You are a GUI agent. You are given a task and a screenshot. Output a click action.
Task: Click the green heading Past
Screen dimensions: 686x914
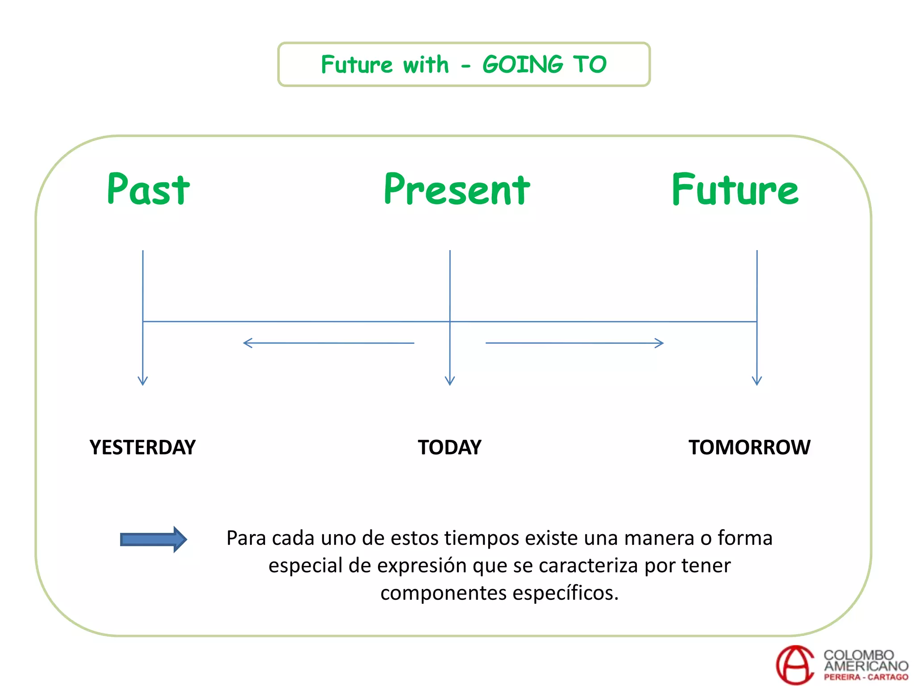(x=149, y=189)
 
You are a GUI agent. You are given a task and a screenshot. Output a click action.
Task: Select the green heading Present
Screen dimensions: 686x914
(x=457, y=190)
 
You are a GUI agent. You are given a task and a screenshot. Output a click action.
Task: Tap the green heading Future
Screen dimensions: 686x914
(x=735, y=190)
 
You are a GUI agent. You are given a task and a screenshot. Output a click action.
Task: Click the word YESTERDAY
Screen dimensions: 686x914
(x=142, y=448)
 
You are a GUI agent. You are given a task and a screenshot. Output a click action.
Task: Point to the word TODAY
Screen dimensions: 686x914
(x=449, y=448)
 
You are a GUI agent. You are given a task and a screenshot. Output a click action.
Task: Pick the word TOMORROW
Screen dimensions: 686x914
(x=749, y=448)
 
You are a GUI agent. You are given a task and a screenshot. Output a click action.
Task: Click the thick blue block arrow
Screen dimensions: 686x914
(x=153, y=540)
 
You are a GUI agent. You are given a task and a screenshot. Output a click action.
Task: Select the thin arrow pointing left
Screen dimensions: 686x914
(x=328, y=343)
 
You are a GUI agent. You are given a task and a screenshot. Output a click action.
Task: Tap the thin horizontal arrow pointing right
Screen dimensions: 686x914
(x=574, y=343)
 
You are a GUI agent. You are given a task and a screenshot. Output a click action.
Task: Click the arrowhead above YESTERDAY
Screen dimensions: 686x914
(x=143, y=381)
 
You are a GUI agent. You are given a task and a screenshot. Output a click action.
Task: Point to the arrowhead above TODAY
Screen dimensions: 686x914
(x=450, y=381)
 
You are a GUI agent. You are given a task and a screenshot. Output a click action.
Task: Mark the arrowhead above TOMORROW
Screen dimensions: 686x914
(x=757, y=381)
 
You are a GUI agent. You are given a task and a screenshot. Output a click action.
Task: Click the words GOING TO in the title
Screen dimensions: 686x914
(x=544, y=65)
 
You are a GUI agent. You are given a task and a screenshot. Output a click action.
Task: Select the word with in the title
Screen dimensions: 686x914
(x=426, y=65)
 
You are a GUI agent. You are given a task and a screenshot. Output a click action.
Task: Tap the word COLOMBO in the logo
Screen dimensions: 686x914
(x=859, y=655)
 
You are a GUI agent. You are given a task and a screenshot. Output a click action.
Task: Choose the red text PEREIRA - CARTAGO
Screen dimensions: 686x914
(x=866, y=677)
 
